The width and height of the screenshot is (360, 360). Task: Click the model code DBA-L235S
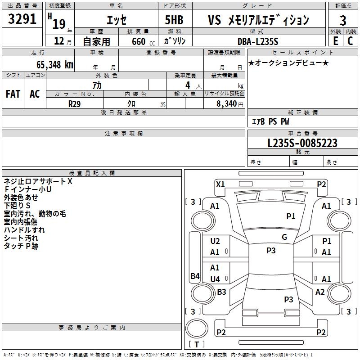pyautogui.click(x=258, y=41)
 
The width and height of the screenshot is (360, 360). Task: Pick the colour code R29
pyautogui.click(x=74, y=103)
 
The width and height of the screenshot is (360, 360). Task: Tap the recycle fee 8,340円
pyautogui.click(x=230, y=103)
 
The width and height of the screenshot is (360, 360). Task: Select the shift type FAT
pyautogui.click(x=13, y=94)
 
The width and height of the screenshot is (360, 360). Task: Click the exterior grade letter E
pyautogui.click(x=335, y=41)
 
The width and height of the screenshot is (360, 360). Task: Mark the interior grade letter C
pyautogui.click(x=350, y=41)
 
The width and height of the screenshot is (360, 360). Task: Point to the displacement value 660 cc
pyautogui.click(x=139, y=41)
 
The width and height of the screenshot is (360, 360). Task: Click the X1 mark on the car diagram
pyautogui.click(x=220, y=184)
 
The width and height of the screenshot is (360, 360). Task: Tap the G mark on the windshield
pyautogui.click(x=284, y=237)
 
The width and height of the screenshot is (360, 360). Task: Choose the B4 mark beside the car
pyautogui.click(x=195, y=276)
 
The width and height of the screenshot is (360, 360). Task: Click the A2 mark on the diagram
pyautogui.click(x=320, y=292)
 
